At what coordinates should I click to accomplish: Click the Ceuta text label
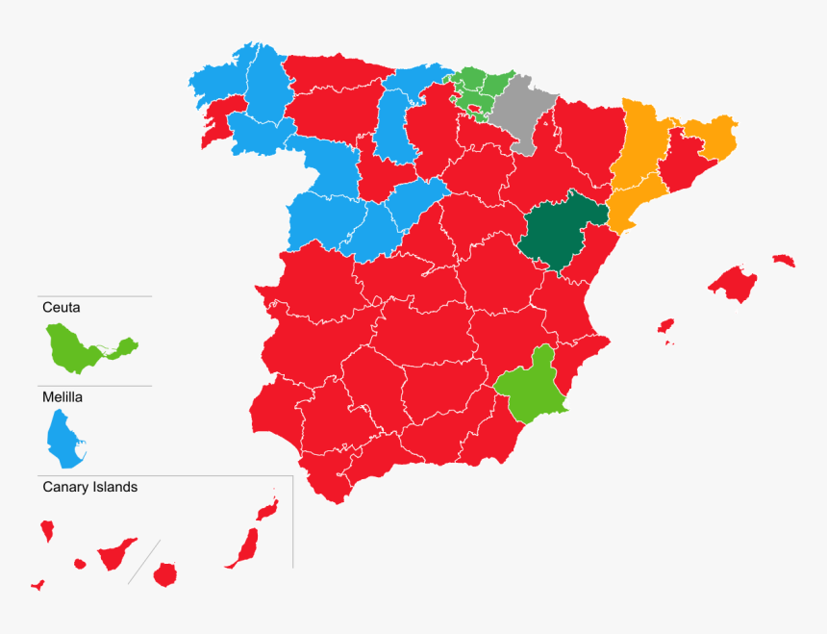[x=62, y=309]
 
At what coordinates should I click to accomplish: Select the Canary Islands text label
[x=89, y=488]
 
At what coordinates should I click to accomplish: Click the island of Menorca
[x=784, y=260]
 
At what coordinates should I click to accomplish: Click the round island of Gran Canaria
[x=165, y=575]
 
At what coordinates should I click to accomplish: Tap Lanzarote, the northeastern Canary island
[x=266, y=509]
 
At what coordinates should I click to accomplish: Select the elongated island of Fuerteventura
[x=244, y=548]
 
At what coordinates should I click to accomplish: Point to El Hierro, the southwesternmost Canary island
[x=38, y=584]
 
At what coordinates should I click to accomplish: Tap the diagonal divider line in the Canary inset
[x=143, y=562]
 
